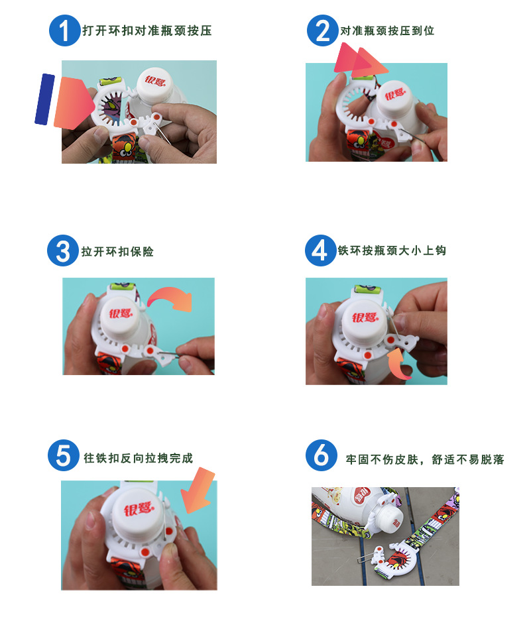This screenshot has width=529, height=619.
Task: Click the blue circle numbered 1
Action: tap(64, 31)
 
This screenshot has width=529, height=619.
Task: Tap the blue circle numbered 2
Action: tap(322, 31)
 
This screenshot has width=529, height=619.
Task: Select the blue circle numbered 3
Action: tap(63, 252)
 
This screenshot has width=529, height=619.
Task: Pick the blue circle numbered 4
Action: tap(320, 251)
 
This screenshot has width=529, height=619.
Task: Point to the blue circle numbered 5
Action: tap(64, 457)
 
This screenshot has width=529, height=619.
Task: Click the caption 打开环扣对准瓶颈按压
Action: tap(147, 31)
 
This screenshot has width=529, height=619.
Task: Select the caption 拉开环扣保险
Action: tap(117, 253)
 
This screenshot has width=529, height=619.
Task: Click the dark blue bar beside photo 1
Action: tap(44, 99)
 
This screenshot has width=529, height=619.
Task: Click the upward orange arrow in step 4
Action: tap(400, 364)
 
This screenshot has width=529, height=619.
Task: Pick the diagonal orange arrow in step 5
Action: tap(200, 491)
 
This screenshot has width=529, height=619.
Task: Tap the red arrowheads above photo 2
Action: tap(360, 60)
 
